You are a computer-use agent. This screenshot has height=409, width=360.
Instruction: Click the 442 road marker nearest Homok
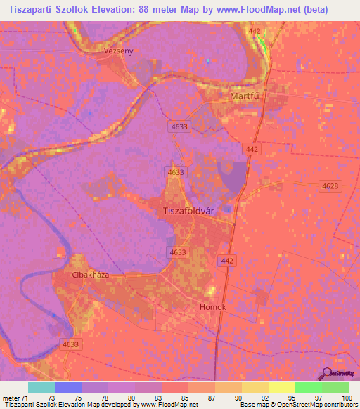(226, 261)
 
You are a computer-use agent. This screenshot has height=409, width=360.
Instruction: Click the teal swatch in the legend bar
(41, 387)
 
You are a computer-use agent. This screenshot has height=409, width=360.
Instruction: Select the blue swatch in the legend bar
(68, 387)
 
